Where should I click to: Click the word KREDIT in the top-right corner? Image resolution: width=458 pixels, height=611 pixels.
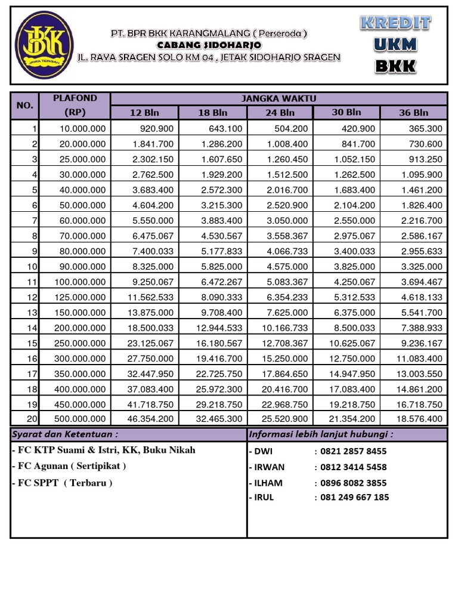[x=395, y=24]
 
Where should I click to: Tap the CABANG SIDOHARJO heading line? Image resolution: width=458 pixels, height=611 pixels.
[x=209, y=45]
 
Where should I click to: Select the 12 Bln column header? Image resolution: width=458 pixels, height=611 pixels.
[x=145, y=113]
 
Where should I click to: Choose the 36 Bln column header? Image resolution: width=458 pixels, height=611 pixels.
[x=414, y=113]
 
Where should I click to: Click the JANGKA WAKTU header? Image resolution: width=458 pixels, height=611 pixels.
[x=278, y=98]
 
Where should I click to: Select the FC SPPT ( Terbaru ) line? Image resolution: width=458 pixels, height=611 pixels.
[x=61, y=483]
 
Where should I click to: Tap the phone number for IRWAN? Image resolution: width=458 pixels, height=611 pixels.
[x=354, y=467]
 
